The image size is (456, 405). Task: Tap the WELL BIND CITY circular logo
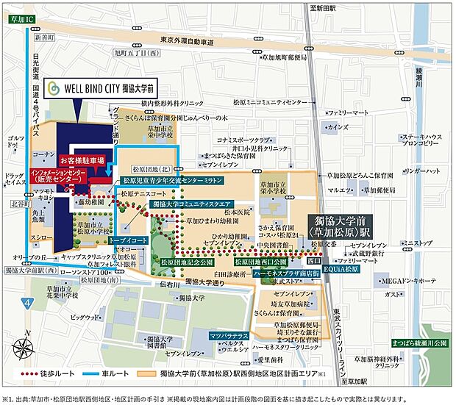tap(53, 87)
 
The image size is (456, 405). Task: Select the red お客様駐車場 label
tap(82, 159)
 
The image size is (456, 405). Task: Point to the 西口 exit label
tap(313, 259)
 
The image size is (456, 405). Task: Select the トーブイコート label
tap(128, 240)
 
